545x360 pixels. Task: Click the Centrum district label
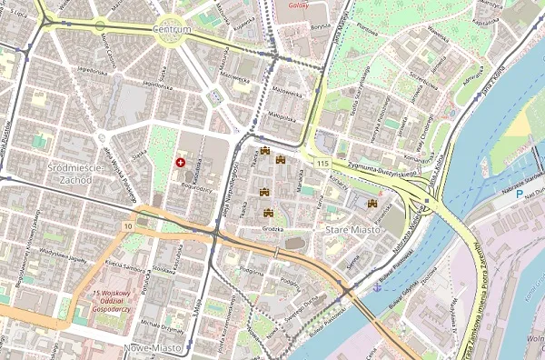172,29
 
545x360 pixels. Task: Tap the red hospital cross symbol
180,163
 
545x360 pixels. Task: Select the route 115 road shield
323,163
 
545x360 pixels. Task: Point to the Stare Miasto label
350,232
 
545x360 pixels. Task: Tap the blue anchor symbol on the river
376,285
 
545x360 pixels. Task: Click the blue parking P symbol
519,194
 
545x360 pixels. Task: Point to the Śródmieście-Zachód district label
57,173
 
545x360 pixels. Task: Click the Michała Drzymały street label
163,325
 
